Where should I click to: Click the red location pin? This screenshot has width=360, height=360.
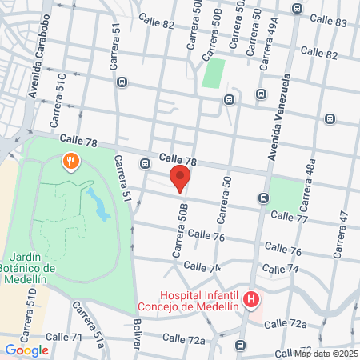[180, 178]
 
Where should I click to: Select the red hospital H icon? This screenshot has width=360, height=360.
[252, 301]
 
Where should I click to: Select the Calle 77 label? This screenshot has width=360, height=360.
[289, 217]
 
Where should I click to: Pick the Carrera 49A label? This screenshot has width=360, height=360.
[270, 37]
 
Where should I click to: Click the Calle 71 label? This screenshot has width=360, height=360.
[66, 337]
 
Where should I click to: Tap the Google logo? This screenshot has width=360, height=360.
[26, 350]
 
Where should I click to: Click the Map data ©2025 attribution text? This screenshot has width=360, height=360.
[326, 354]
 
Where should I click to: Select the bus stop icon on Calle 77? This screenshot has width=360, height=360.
[263, 198]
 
